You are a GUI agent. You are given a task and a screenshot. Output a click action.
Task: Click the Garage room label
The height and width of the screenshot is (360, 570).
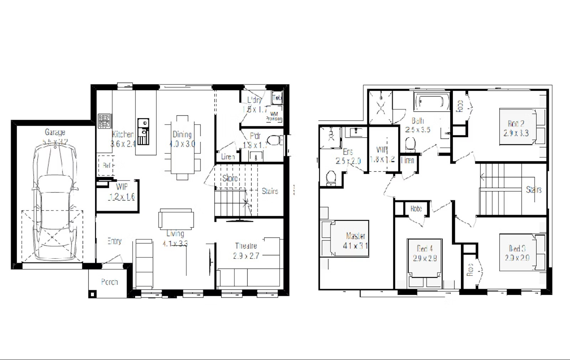pos(55,132)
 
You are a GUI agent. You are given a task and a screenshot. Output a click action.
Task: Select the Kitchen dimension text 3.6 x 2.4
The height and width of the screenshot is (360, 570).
pos(123,144)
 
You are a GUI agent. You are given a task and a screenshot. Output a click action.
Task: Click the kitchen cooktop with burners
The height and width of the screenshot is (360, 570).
pos(104,121)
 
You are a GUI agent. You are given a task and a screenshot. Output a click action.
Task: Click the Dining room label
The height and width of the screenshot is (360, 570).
pos(182,135)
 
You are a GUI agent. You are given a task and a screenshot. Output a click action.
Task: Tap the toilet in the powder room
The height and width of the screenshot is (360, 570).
pos(275,140)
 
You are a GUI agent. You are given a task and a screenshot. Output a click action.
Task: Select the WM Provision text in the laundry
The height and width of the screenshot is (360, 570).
pos(274,116)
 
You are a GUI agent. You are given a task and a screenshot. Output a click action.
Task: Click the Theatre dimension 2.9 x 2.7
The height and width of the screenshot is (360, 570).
pos(246,256)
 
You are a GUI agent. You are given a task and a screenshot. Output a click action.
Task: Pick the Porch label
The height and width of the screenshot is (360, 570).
pos(109,282)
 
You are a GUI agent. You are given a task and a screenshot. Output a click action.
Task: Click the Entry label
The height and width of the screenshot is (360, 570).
pos(114,241)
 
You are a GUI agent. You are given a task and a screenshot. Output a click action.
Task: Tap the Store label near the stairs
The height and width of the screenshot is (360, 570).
pos(230,178)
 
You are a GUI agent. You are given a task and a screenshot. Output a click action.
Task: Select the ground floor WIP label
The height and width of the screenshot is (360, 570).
pos(122,187)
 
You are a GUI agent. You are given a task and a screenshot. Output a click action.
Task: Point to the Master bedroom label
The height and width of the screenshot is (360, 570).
pos(355,236)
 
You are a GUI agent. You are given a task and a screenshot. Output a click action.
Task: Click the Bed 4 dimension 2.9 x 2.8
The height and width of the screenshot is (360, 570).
pos(425,258)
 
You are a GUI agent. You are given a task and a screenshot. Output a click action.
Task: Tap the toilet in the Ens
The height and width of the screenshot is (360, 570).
pos(331,177)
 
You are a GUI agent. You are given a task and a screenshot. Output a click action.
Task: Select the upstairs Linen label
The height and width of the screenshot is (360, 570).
pos(408,160)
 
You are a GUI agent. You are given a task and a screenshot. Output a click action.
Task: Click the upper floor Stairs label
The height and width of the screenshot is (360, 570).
pos(534,190)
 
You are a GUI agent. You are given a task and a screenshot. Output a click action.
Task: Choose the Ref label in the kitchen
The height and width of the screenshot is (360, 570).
pos(106,166)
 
